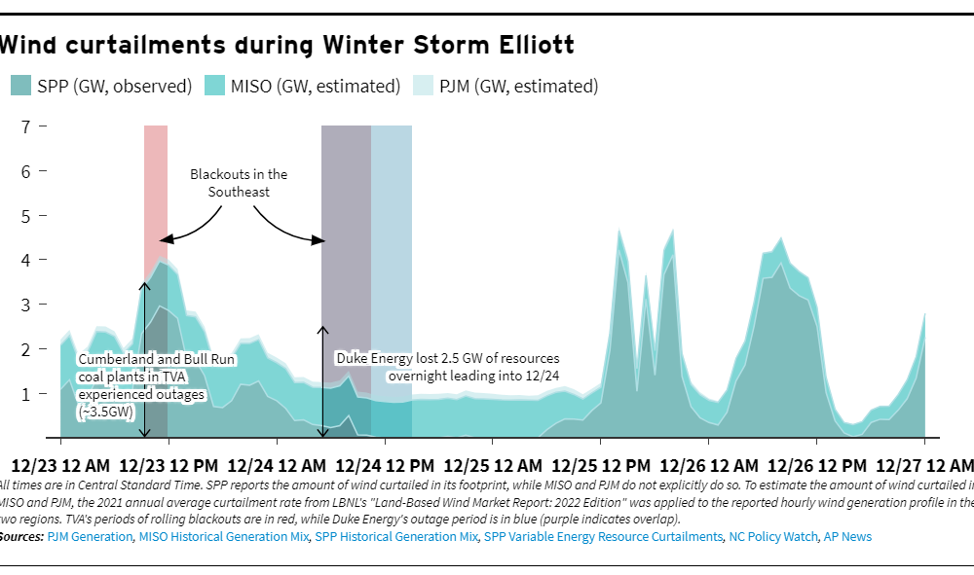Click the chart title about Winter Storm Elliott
coord(286,45)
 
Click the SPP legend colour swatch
coord(21,86)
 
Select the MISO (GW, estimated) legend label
coord(316,86)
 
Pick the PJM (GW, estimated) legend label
coord(518,86)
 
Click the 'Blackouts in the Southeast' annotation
coord(239,183)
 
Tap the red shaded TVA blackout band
coord(156,195)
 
